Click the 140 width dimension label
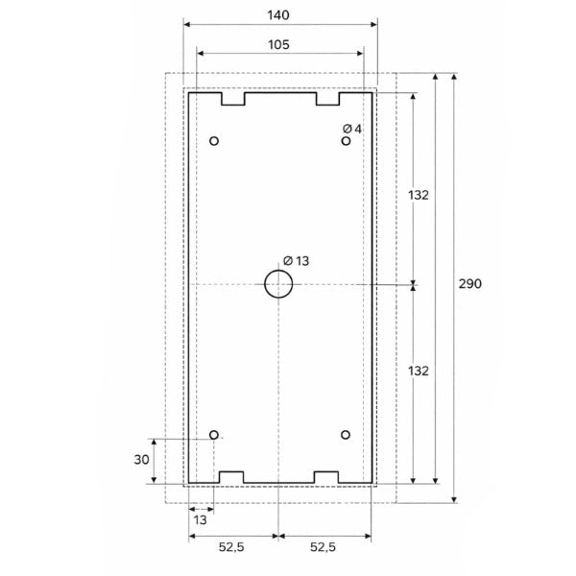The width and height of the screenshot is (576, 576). pyautogui.click(x=279, y=15)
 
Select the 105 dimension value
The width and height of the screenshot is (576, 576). pyautogui.click(x=279, y=44)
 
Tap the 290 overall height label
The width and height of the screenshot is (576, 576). pyautogui.click(x=470, y=284)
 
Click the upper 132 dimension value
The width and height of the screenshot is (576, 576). pyautogui.click(x=417, y=195)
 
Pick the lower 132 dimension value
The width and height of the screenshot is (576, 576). pyautogui.click(x=417, y=370)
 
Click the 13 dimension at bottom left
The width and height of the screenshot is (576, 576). pyautogui.click(x=201, y=519)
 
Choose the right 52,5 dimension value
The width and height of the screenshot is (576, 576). pyautogui.click(x=323, y=547)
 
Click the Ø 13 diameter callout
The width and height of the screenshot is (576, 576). pyautogui.click(x=296, y=261)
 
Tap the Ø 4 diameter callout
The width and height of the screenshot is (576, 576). pyautogui.click(x=351, y=129)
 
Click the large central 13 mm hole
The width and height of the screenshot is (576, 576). pyautogui.click(x=277, y=285)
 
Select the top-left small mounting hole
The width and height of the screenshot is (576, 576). pyautogui.click(x=214, y=142)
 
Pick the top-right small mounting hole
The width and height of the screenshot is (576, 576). pyautogui.click(x=346, y=142)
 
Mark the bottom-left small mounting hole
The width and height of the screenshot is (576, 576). pyautogui.click(x=214, y=434)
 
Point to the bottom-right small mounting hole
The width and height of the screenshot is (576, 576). pyautogui.click(x=346, y=434)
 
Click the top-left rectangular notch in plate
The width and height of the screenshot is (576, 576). pyautogui.click(x=233, y=98)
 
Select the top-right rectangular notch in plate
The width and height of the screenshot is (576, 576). pyautogui.click(x=327, y=98)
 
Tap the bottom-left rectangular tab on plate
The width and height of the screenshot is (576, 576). pyautogui.click(x=233, y=476)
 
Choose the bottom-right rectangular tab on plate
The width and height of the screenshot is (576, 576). pyautogui.click(x=327, y=476)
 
